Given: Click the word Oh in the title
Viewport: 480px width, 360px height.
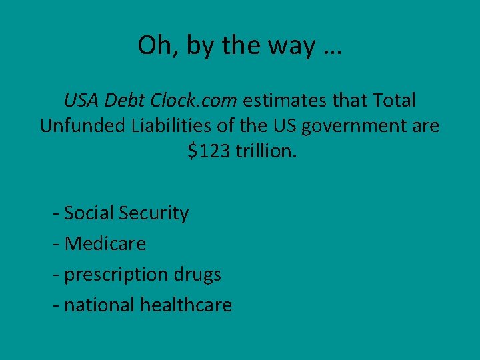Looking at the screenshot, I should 153,45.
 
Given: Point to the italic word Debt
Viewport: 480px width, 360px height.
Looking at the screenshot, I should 124,101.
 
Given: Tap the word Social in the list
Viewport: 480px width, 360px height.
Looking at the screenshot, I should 90,213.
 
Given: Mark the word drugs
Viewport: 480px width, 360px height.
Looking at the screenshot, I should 197,275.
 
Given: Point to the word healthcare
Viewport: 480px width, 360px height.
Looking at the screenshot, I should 186,305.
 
